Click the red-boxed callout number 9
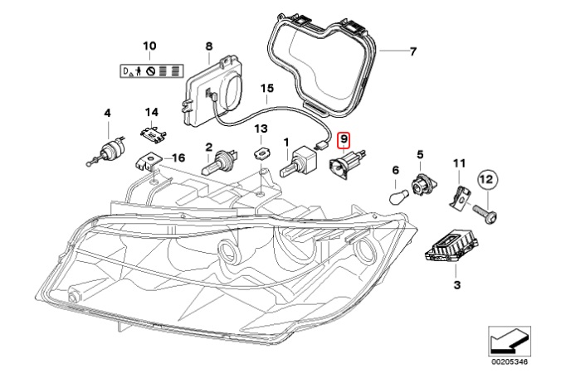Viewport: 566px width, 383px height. click(346, 141)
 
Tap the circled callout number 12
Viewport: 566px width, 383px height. click(487, 178)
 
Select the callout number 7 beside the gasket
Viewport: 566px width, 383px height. click(412, 51)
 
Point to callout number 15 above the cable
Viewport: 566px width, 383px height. click(266, 88)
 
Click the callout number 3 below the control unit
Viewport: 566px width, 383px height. click(456, 285)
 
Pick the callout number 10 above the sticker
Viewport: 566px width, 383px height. click(149, 44)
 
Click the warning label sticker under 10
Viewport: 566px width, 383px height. click(149, 72)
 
